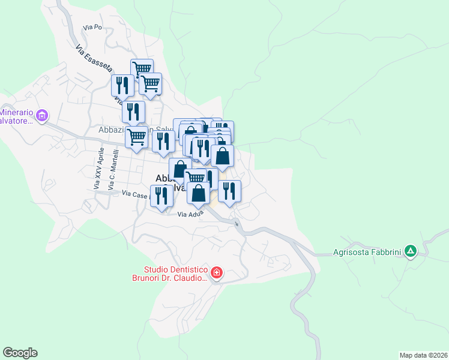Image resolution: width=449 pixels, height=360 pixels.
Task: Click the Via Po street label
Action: (x=93, y=28)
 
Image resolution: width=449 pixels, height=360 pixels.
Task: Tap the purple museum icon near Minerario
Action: (x=42, y=115)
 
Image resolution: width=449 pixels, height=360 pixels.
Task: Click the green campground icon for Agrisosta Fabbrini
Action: (x=410, y=251)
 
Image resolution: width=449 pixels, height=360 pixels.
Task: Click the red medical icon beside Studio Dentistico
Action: (x=217, y=274)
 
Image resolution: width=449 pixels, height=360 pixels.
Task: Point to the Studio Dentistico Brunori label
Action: (x=170, y=274)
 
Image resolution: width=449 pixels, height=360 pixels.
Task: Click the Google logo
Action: (x=20, y=353)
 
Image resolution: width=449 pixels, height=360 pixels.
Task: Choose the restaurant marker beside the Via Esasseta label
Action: (x=121, y=85)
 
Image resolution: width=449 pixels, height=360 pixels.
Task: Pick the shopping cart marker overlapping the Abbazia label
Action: (x=137, y=136)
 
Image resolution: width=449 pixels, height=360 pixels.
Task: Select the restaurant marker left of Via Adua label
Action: (x=161, y=197)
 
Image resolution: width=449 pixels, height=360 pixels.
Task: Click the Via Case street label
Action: (x=134, y=194)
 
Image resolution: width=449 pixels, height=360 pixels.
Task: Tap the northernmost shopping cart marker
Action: (x=142, y=69)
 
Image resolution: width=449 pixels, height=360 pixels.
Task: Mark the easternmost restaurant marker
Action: (x=229, y=191)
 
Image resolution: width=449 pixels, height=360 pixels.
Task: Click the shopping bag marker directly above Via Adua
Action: (x=199, y=194)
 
